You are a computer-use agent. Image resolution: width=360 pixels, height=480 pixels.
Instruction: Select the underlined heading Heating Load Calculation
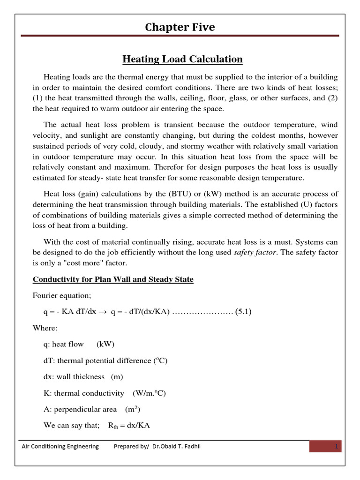[182, 59]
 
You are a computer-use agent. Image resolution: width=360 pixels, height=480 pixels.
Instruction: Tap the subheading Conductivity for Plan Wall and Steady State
[112, 279]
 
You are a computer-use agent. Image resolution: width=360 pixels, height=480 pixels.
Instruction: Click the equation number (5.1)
[242, 312]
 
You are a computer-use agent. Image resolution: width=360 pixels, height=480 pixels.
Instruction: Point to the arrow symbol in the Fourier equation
[101, 312]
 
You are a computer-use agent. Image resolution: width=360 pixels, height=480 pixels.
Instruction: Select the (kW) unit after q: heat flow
[105, 344]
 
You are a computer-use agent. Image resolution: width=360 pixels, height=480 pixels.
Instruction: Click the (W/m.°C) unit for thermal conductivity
[149, 393]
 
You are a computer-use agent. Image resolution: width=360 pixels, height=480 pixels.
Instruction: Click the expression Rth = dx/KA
[130, 425]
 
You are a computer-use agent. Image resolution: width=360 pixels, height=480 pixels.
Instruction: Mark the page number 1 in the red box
[336, 446]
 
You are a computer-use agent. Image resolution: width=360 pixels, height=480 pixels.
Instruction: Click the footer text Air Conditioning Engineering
[60, 446]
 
